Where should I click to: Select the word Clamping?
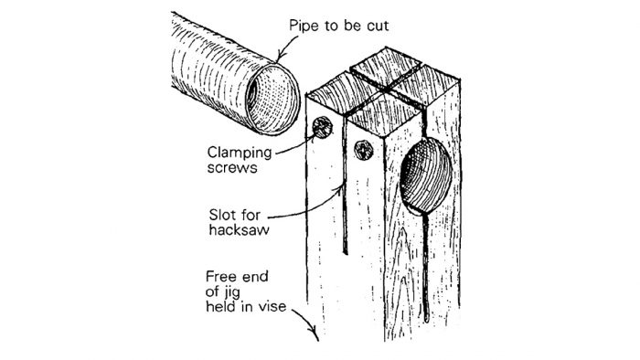pos(238,152)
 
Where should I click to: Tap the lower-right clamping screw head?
pos(361,149)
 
